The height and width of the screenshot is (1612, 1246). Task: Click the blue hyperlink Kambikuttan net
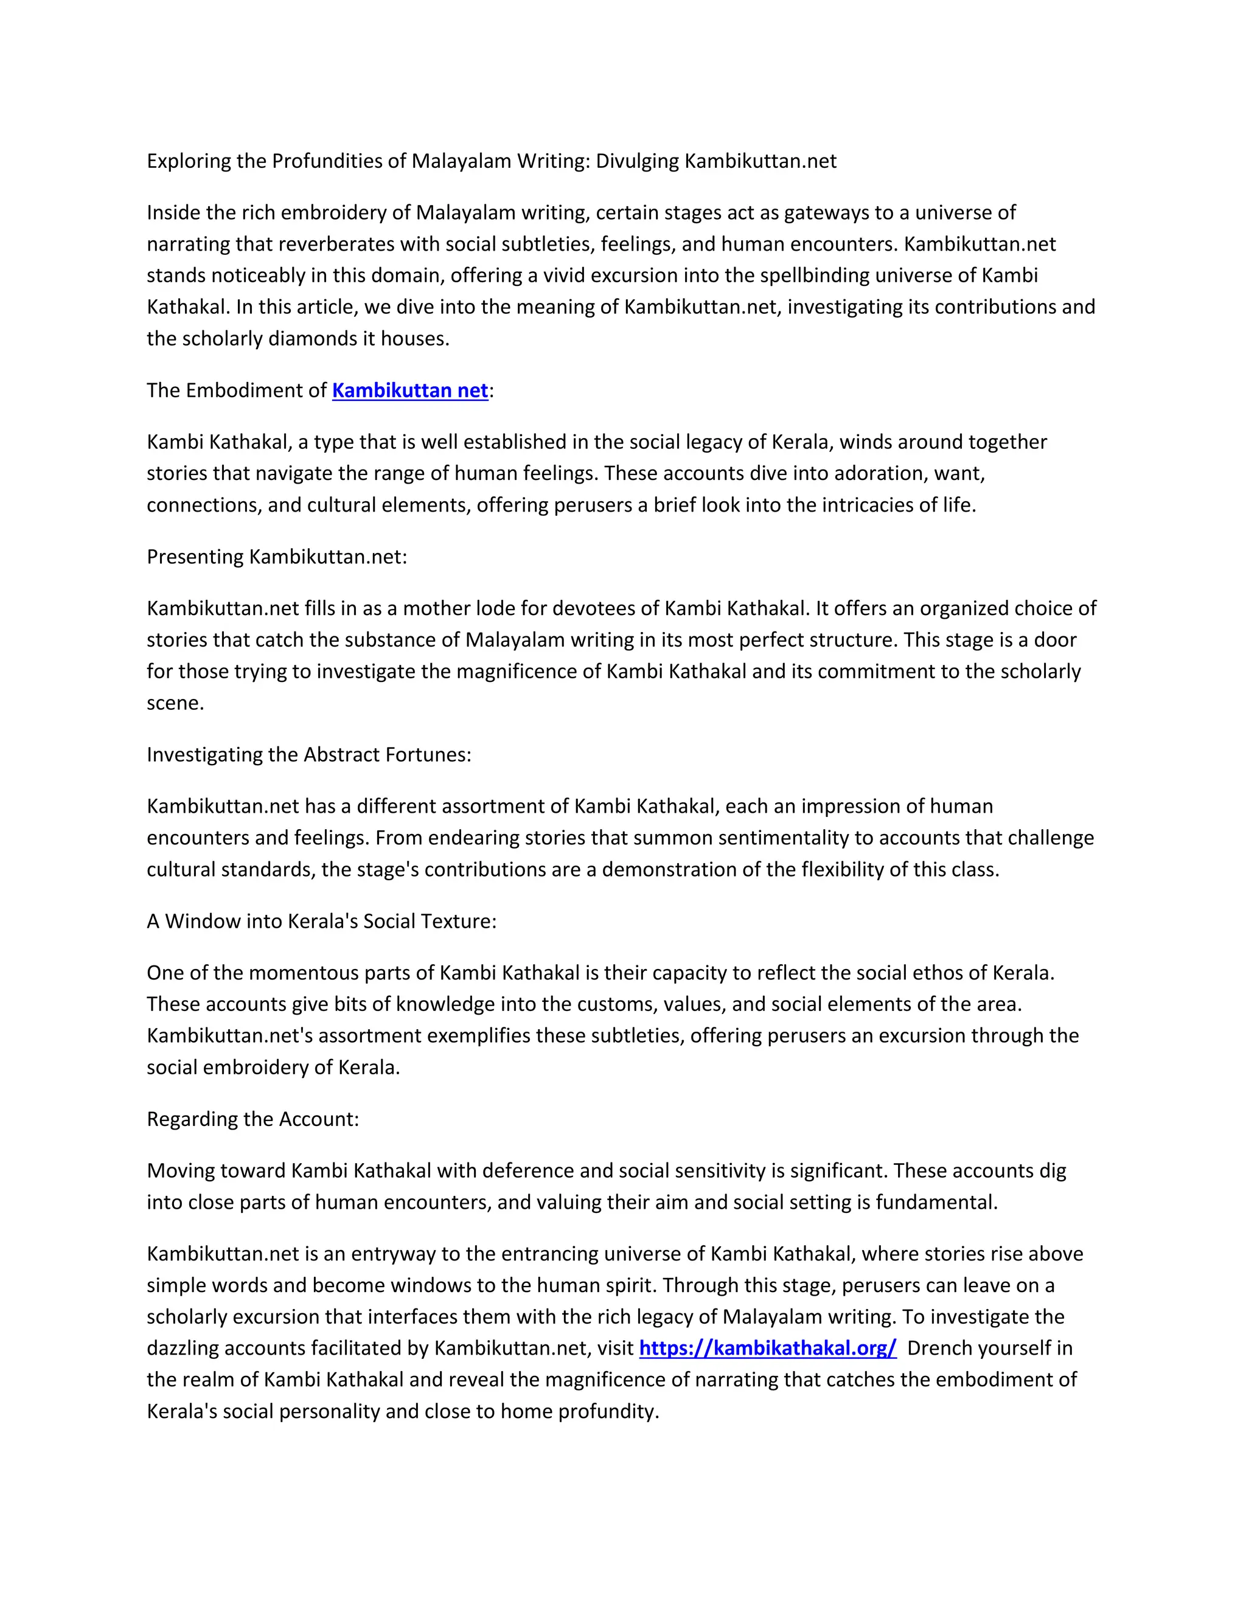click(x=409, y=391)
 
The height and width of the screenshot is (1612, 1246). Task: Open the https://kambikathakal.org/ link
click(x=768, y=1349)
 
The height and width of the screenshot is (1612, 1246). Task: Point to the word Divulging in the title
click(x=637, y=161)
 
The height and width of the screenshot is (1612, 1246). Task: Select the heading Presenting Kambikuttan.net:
click(x=277, y=557)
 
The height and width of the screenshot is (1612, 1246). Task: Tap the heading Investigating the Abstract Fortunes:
click(x=308, y=754)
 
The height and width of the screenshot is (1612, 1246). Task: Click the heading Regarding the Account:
click(x=252, y=1119)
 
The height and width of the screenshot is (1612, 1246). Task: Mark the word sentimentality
click(x=758, y=838)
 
